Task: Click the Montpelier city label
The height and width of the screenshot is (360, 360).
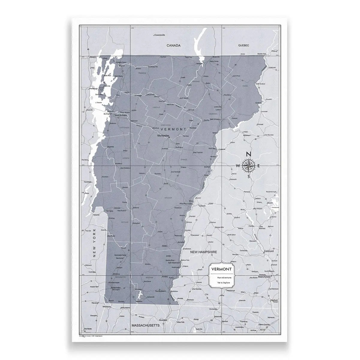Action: [164, 136]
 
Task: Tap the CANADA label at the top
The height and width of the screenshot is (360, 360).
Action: [174, 46]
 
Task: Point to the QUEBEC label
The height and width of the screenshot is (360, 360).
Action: [244, 45]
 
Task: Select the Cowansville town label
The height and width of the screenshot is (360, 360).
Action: [159, 35]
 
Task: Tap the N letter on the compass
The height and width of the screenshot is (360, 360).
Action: [248, 154]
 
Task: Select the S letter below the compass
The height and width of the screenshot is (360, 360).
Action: [248, 176]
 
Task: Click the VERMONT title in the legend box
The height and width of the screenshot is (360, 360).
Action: [221, 269]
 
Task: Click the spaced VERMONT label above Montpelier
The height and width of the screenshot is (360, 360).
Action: [174, 129]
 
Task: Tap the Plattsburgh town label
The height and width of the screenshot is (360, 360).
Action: [92, 89]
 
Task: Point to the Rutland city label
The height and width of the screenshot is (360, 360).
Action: [136, 208]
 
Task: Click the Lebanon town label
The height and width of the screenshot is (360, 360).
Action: [201, 206]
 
